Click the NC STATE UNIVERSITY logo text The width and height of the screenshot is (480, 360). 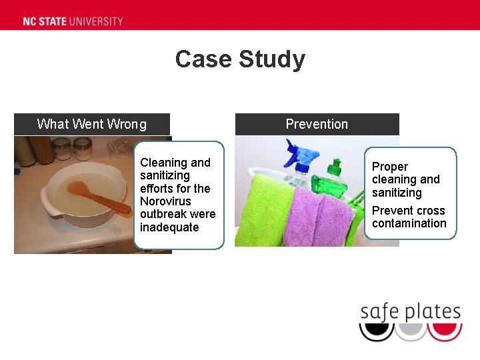(73, 21)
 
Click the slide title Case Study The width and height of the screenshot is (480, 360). (240, 59)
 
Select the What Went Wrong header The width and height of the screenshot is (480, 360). (92, 124)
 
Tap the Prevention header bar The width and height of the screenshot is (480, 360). (317, 124)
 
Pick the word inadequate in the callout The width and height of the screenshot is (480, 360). (169, 227)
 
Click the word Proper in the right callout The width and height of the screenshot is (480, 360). (390, 167)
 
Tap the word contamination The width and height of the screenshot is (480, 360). (409, 223)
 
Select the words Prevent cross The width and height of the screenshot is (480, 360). (409, 211)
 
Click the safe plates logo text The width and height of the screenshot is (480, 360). (411, 312)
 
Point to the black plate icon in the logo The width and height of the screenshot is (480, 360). (376, 331)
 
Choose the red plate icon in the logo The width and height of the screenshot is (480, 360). (445, 331)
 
